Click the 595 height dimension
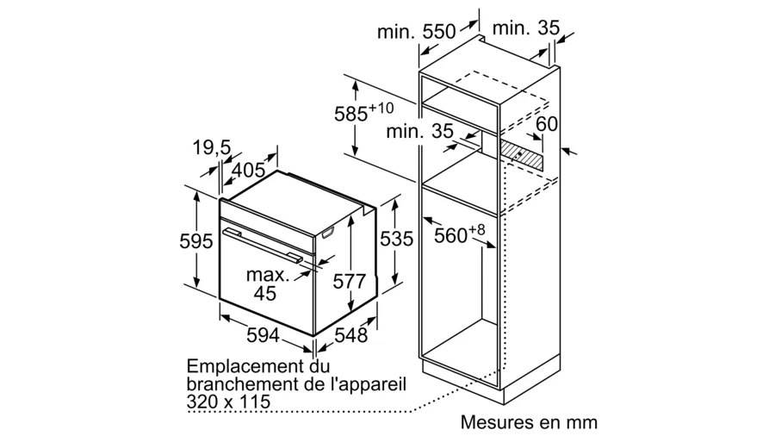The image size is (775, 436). tap(195, 240)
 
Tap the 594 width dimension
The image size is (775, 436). tap(263, 336)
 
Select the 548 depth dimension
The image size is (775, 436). tap(351, 336)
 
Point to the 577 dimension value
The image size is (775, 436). tap(349, 281)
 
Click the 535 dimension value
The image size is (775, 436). tap(396, 239)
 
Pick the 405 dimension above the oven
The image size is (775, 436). tap(248, 170)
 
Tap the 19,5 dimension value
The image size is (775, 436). tap(212, 147)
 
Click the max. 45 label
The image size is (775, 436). tap(267, 283)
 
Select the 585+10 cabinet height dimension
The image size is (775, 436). tap(363, 112)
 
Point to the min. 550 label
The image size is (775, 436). tap(417, 32)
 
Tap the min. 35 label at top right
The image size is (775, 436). tap(526, 28)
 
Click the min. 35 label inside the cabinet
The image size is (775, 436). tap(419, 131)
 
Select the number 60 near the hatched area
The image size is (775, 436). tap(547, 123)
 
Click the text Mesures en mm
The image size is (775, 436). tap(529, 422)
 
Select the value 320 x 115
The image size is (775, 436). tap(228, 401)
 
